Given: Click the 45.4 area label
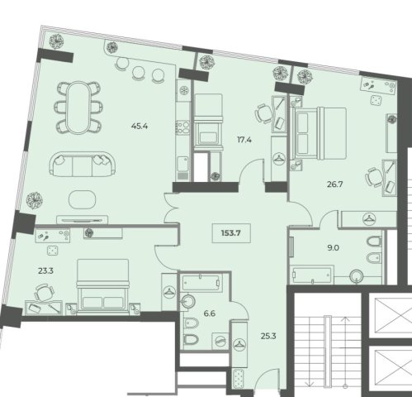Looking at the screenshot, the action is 140,127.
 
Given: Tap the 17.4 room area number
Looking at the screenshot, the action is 244,140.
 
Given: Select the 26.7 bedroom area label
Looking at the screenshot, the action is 335,184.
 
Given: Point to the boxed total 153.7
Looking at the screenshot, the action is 231,233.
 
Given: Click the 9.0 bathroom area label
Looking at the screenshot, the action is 333,248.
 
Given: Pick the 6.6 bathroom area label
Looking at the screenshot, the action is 210,313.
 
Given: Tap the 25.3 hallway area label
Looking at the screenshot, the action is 268,336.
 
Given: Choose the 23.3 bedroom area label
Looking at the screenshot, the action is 45,271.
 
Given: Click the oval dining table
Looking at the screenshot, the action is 78,108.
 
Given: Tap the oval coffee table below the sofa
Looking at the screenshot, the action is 82,199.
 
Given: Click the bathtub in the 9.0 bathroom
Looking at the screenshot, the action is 313,275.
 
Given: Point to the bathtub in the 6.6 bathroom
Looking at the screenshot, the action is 201,283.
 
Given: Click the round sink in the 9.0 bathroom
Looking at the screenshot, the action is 357,276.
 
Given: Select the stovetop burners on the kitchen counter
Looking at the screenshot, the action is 182,127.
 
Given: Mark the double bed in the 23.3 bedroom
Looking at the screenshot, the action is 102,286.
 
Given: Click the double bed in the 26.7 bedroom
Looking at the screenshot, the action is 319,133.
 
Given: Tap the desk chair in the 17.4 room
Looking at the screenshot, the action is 263,113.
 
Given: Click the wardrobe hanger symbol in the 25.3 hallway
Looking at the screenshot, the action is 239,345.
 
